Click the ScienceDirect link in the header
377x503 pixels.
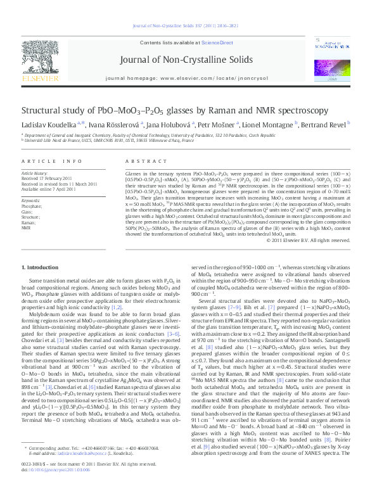click(x=216, y=42)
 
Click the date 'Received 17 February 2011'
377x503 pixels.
click(x=49, y=178)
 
